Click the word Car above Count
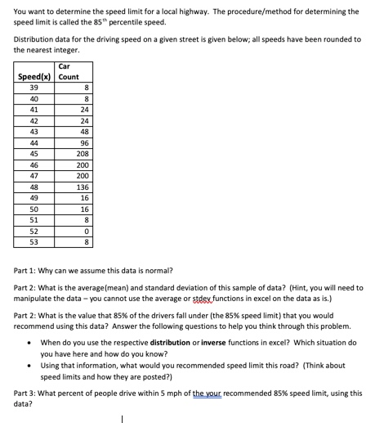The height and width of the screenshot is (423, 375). (x=65, y=66)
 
